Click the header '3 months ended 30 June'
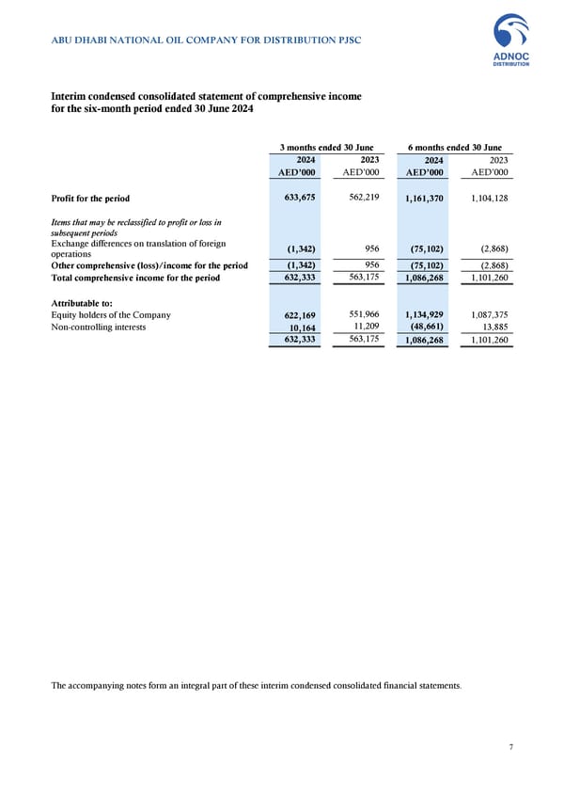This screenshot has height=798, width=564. [x=327, y=147]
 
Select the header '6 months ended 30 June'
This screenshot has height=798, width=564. [x=454, y=147]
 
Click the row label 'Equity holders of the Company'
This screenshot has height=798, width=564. [x=111, y=315]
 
